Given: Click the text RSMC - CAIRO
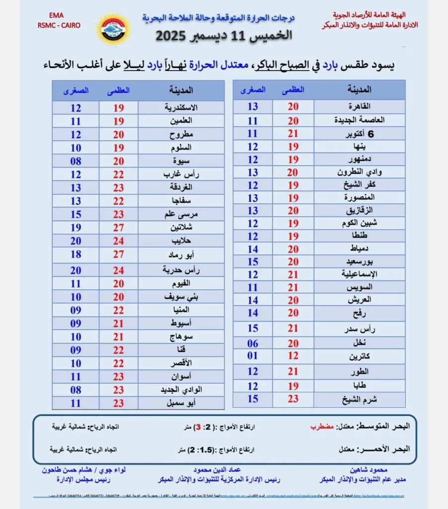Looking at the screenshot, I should click(x=59, y=25).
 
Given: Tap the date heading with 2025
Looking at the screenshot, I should click(x=224, y=35).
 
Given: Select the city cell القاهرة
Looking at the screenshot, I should click(x=360, y=106).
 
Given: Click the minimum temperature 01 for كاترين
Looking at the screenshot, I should click(x=252, y=356).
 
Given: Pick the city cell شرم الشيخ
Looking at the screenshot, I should click(x=360, y=399).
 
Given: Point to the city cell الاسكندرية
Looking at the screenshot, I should click(x=180, y=107).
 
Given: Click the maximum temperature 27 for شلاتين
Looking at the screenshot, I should click(x=119, y=228).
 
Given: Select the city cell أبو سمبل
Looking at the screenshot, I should click(x=180, y=403).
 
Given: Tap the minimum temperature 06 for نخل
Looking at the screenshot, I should click(x=252, y=343).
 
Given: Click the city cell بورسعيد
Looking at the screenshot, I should click(x=360, y=261).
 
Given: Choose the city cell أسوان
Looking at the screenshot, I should click(x=180, y=376).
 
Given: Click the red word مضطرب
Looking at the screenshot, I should click(x=307, y=426).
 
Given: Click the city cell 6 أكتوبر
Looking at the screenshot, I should click(x=360, y=134).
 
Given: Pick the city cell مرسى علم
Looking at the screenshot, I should click(x=180, y=215).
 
